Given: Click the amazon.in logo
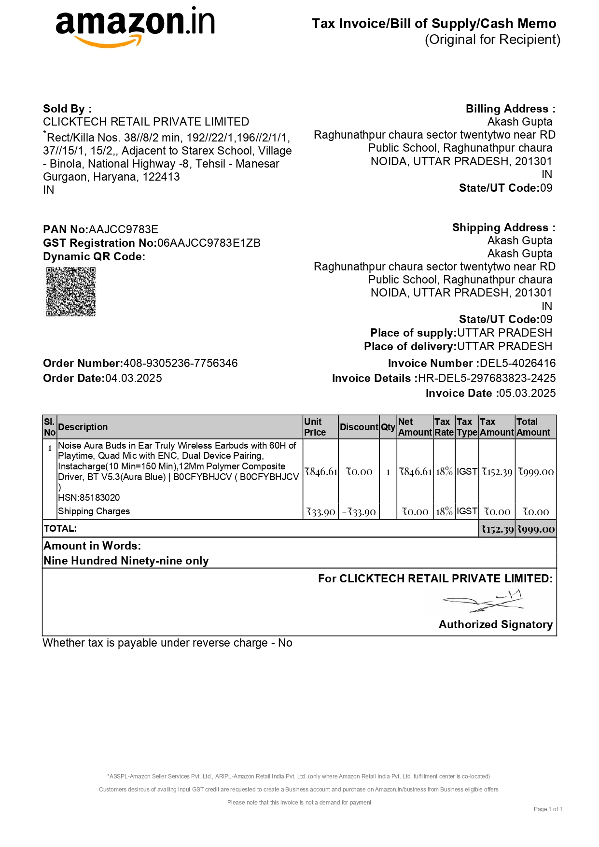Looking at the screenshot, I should (135, 27).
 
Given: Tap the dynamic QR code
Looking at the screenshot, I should (71, 292).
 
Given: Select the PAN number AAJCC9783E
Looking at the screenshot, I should (124, 229).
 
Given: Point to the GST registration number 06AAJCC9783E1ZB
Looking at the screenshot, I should (209, 243).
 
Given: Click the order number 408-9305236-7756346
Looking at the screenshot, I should (181, 363).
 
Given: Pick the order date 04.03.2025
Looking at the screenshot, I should (134, 378).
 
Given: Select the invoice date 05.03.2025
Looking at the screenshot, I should (527, 393).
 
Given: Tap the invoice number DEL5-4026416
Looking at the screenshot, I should (517, 363).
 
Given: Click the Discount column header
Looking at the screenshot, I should (359, 427).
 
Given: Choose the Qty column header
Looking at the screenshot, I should (388, 427).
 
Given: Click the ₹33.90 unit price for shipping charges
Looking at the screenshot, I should (321, 512).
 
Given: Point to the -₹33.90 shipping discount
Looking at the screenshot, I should (359, 512).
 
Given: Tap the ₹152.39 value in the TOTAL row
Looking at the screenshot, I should (497, 529).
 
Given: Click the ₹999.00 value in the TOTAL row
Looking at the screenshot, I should (536, 529).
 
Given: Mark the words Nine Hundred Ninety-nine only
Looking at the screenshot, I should (126, 561).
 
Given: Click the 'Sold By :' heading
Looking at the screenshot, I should (67, 109).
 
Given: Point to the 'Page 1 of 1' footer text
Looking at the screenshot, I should (548, 809).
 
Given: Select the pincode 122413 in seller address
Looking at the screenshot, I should (161, 177).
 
